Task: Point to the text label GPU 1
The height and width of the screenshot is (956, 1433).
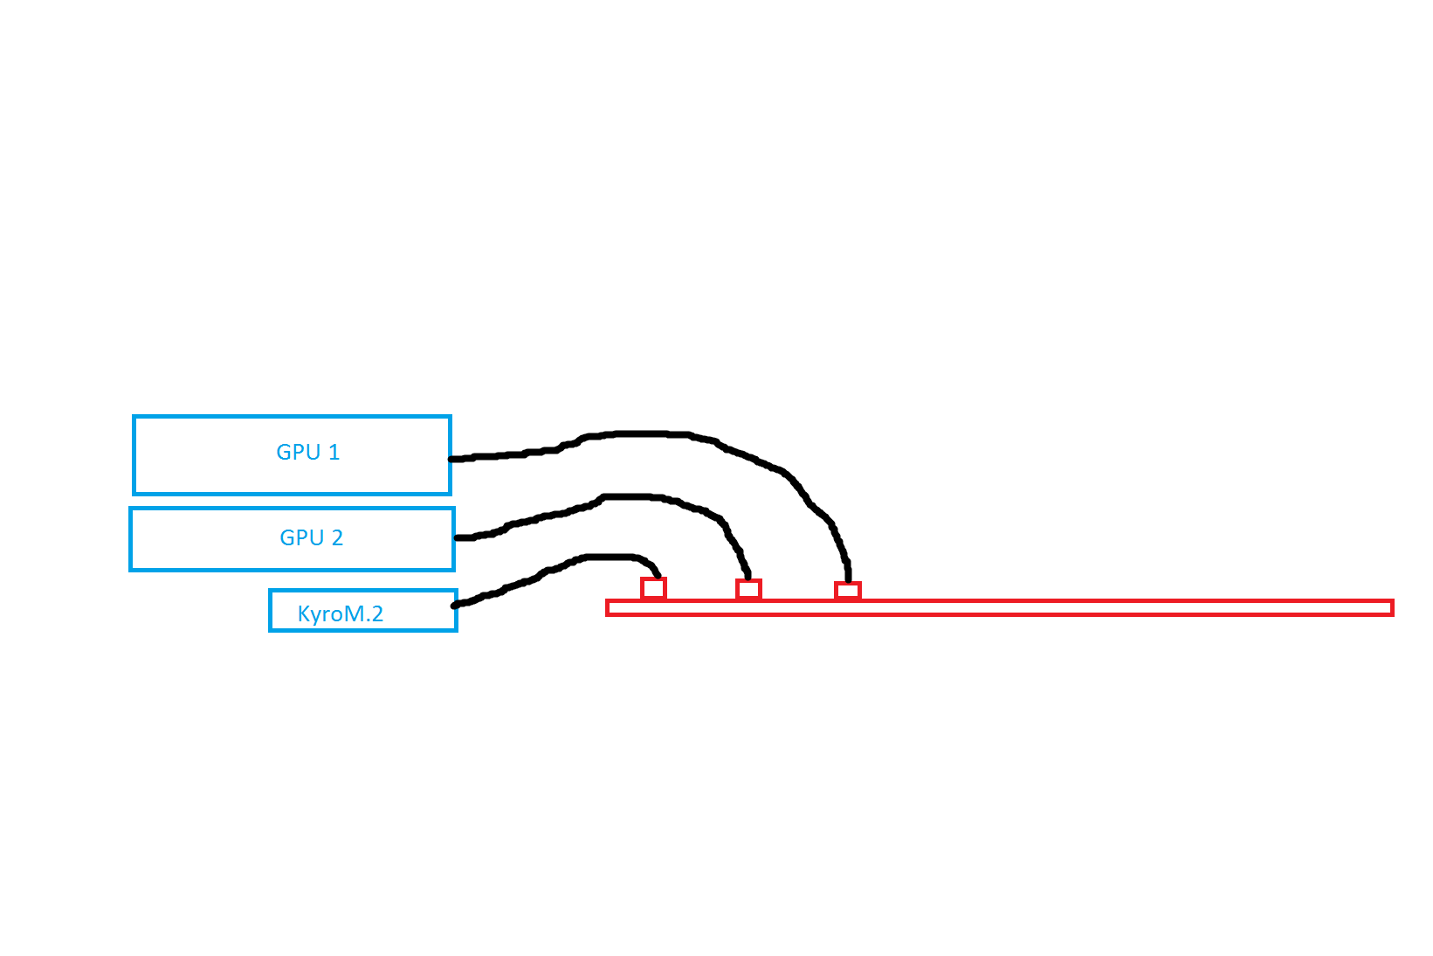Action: pyautogui.click(x=307, y=452)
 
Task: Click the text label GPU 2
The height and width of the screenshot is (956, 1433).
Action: pyautogui.click(x=312, y=537)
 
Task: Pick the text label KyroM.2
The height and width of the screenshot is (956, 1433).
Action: pyautogui.click(x=341, y=613)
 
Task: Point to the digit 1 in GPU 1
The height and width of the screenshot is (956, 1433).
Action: pyautogui.click(x=334, y=452)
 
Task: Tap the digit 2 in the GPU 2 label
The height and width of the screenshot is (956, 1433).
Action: pyautogui.click(x=337, y=537)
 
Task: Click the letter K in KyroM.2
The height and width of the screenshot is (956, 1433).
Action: pyautogui.click(x=304, y=613)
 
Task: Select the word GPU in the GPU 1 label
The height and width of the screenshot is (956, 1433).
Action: pyautogui.click(x=298, y=452)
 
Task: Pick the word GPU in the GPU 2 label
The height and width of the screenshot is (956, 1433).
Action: pyautogui.click(x=302, y=537)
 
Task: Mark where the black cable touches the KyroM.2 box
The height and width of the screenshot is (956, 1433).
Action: pyautogui.click(x=454, y=605)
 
